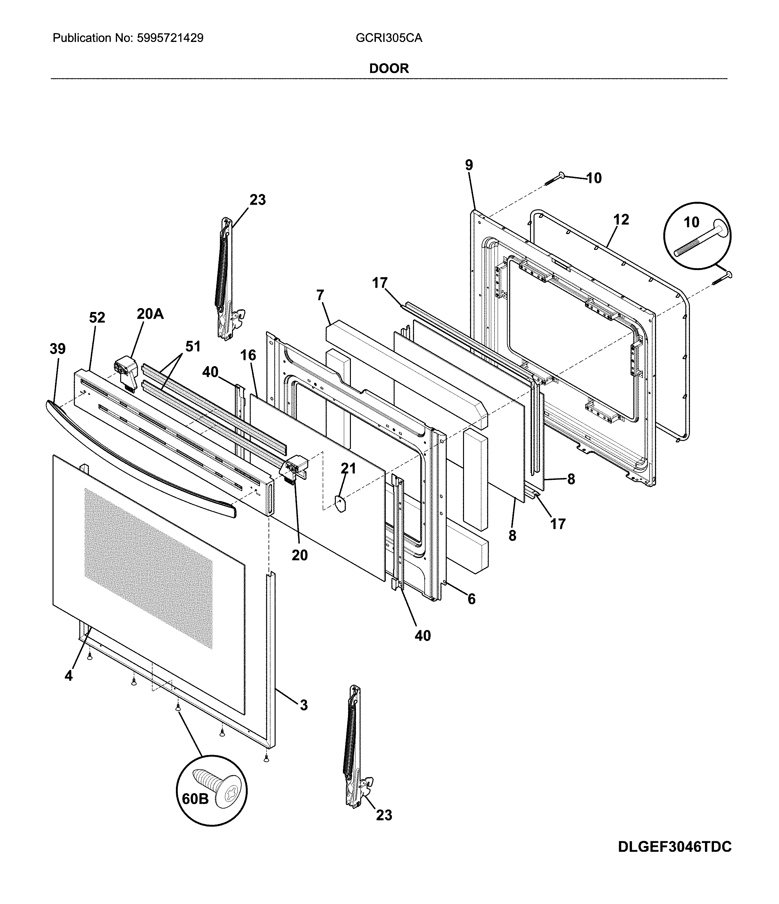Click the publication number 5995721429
pyautogui.click(x=170, y=38)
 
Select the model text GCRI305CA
pyautogui.click(x=389, y=38)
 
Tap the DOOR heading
pyautogui.click(x=389, y=69)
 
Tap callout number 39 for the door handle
pyautogui.click(x=58, y=349)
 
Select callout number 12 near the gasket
pyautogui.click(x=621, y=219)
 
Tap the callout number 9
pyautogui.click(x=469, y=165)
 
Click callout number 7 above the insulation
pyautogui.click(x=320, y=295)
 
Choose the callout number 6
pyautogui.click(x=471, y=599)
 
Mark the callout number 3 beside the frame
pyautogui.click(x=304, y=705)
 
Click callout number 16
pyautogui.click(x=248, y=355)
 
